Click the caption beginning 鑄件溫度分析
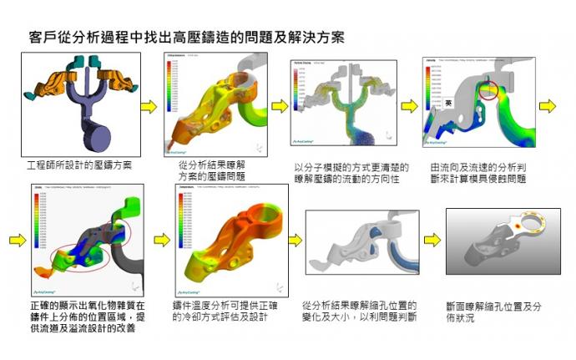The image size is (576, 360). pyautogui.click(x=225, y=312)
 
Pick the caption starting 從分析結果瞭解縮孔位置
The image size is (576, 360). pyautogui.click(x=360, y=312)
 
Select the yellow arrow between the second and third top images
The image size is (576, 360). pyautogui.click(x=280, y=106)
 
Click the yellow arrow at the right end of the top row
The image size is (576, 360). pyautogui.click(x=547, y=106)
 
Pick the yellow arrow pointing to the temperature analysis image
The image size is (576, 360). pyautogui.click(x=162, y=241)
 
